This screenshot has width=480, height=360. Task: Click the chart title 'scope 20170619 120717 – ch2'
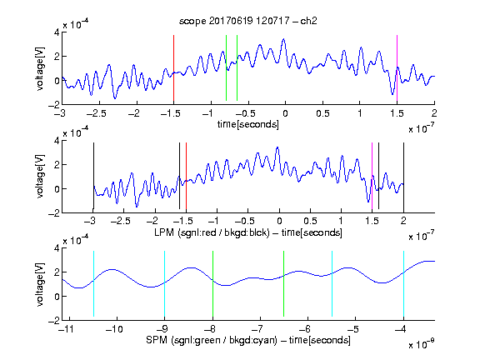point(247,21)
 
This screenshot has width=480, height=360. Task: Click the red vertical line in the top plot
point(173,68)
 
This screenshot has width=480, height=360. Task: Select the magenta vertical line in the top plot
point(397,68)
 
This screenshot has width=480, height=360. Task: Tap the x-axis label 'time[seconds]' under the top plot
point(248,124)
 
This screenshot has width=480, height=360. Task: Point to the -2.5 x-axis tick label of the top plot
point(97,113)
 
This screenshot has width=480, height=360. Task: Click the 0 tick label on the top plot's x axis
point(285,113)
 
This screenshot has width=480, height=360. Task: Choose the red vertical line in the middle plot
point(186,176)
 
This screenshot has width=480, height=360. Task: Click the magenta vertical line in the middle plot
point(372,176)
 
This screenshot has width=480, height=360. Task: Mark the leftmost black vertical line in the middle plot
point(93,176)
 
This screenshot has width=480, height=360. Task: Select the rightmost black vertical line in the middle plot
point(403,176)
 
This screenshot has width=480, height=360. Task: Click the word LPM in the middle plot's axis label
point(164,232)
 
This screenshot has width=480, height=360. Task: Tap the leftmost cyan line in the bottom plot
point(93,284)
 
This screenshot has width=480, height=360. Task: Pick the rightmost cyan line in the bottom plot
point(403,284)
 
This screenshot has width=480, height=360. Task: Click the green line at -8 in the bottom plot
point(212,284)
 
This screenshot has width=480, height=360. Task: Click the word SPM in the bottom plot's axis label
point(157,340)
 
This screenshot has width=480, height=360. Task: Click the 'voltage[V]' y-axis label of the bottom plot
point(40,284)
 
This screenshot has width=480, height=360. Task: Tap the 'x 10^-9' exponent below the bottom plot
point(421,343)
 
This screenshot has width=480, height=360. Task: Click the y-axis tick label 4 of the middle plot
point(57,141)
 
